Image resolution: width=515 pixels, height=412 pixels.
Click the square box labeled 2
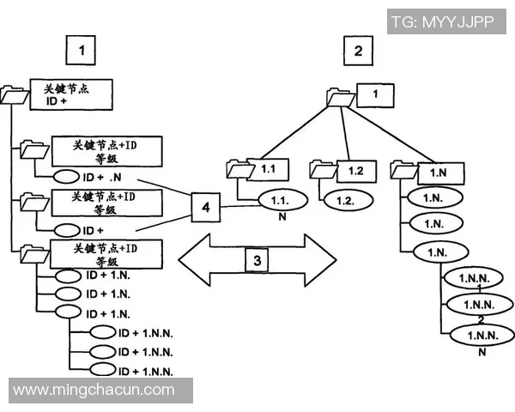(358, 51)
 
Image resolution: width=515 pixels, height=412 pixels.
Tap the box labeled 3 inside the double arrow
(254, 257)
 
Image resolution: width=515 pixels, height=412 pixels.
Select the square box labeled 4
(204, 207)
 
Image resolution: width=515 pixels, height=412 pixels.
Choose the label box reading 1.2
(356, 170)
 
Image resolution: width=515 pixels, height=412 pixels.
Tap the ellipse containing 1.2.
(346, 199)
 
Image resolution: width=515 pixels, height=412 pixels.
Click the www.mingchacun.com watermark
(94, 391)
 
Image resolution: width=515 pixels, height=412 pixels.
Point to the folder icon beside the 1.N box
(403, 169)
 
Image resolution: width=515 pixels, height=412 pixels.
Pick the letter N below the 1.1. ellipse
(281, 218)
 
